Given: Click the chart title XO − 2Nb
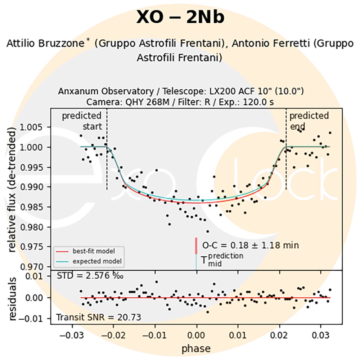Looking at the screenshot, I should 180,17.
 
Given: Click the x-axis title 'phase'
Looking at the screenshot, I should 196,348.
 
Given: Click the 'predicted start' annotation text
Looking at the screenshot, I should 82,121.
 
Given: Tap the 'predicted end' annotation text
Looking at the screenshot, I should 309,121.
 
